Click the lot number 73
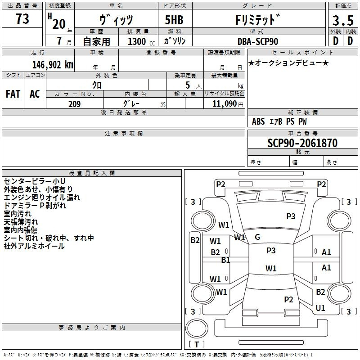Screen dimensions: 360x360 22,19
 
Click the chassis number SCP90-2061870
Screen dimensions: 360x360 302,143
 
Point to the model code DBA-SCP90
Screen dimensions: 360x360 257,41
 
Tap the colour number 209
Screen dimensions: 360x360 74,104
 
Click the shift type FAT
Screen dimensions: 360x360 13,94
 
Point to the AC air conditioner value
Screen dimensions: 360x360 35,94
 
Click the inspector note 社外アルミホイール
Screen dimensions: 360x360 34,246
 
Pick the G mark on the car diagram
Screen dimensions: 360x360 257,237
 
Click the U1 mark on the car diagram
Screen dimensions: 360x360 320,308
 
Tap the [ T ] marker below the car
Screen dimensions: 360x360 196,344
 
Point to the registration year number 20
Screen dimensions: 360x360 58,24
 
